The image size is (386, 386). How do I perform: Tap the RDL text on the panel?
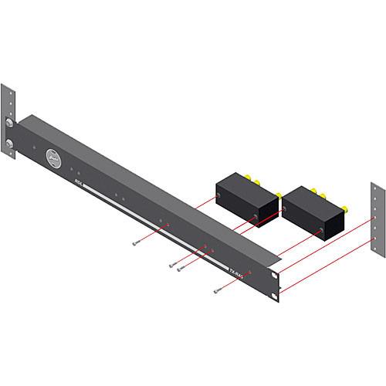pos(78,183)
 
